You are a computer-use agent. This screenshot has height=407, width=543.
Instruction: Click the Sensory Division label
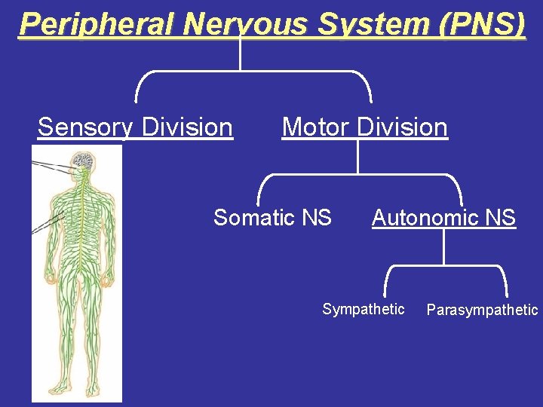click(135, 127)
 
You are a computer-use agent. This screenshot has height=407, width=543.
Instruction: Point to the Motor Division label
click(364, 127)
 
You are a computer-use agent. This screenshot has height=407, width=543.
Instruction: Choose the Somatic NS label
click(272, 218)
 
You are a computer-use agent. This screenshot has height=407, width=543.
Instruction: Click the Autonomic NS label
click(443, 218)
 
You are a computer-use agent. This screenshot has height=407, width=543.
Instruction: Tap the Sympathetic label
click(364, 309)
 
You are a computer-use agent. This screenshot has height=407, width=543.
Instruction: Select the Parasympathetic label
click(482, 310)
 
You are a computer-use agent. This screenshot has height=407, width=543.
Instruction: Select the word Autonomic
click(427, 218)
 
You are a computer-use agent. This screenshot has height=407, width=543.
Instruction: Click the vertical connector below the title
click(240, 54)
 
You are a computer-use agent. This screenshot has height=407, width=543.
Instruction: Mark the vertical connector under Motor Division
click(357, 158)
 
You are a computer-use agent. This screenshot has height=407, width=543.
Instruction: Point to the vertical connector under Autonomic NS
click(444, 247)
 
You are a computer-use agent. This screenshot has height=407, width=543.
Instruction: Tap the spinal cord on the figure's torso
click(78, 226)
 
